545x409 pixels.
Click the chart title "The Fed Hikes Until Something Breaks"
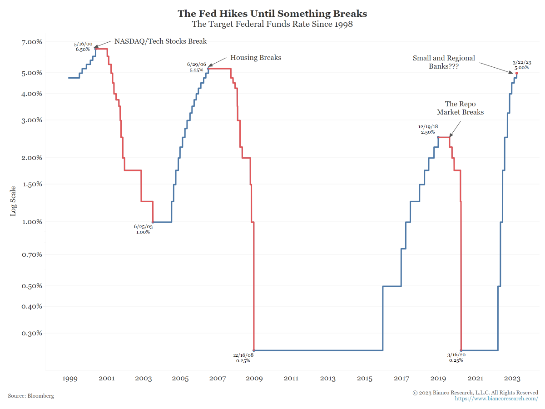(x=272, y=13)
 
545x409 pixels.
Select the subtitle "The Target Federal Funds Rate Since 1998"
(x=272, y=24)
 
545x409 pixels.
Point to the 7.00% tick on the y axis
(x=32, y=42)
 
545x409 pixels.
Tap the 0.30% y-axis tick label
(x=32, y=333)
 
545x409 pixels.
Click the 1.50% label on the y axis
(x=32, y=184)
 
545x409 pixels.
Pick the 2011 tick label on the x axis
(x=291, y=379)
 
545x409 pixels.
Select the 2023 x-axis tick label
(x=512, y=379)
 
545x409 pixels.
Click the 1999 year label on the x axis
(x=69, y=379)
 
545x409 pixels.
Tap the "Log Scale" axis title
(x=13, y=200)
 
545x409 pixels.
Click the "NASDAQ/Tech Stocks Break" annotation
(x=160, y=41)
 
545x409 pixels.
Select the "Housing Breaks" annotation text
(x=256, y=58)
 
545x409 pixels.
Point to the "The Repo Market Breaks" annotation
(x=460, y=108)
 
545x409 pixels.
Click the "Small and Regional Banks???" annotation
(x=443, y=62)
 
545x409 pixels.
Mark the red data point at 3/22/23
(x=517, y=73)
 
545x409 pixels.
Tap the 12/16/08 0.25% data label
(x=243, y=358)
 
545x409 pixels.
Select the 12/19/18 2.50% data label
(x=428, y=130)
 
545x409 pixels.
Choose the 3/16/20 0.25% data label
(x=456, y=358)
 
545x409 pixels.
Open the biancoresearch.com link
(x=496, y=399)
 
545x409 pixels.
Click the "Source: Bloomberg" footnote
(x=31, y=396)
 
